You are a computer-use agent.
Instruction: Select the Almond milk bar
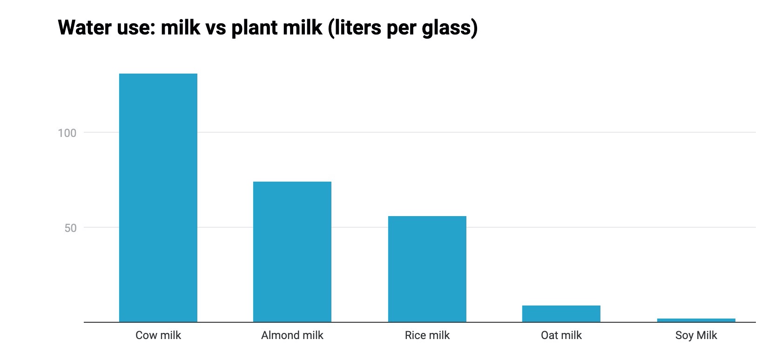click(x=292, y=251)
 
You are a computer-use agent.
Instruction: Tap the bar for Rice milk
click(x=427, y=269)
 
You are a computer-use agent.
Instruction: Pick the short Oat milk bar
click(x=561, y=313)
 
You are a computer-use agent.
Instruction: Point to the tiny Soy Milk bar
click(x=696, y=320)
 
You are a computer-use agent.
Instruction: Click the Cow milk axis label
click(x=158, y=335)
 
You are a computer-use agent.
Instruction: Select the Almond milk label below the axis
click(x=292, y=335)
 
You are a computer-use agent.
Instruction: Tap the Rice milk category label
click(x=427, y=335)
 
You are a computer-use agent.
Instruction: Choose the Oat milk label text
click(x=561, y=335)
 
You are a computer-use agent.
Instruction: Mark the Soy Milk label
click(x=696, y=335)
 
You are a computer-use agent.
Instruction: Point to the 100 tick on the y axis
click(x=67, y=133)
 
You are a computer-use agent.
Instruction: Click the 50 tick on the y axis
click(x=70, y=228)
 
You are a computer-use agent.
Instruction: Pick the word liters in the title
click(x=355, y=28)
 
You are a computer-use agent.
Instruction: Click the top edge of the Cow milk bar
click(x=158, y=74)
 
